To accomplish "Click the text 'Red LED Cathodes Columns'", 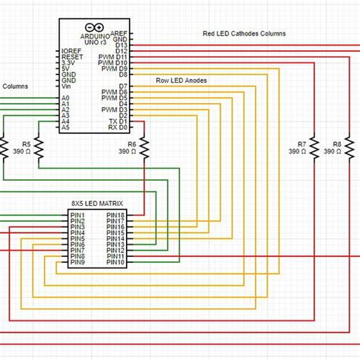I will [244, 34].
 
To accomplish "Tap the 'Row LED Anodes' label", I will [182, 80].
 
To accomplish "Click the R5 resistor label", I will [27, 143].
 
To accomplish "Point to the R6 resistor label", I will [131, 143].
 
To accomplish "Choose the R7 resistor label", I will [302, 143].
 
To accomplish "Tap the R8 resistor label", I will [337, 143].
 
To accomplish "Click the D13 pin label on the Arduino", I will [122, 46].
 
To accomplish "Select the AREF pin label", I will [119, 33].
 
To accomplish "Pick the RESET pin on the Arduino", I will [72, 57].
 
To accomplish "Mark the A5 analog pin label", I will [65, 127].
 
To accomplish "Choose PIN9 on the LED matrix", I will [77, 262].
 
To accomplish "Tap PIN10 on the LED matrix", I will [115, 262].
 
